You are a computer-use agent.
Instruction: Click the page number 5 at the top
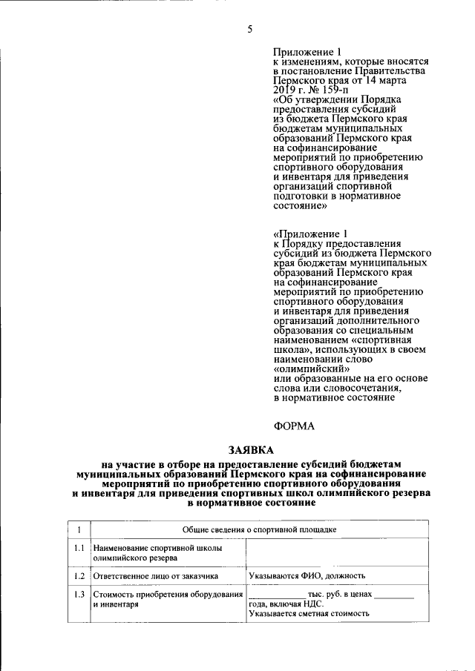(x=250, y=30)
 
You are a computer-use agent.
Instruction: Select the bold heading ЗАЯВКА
(x=250, y=450)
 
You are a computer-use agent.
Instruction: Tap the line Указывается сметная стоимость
(x=309, y=614)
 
